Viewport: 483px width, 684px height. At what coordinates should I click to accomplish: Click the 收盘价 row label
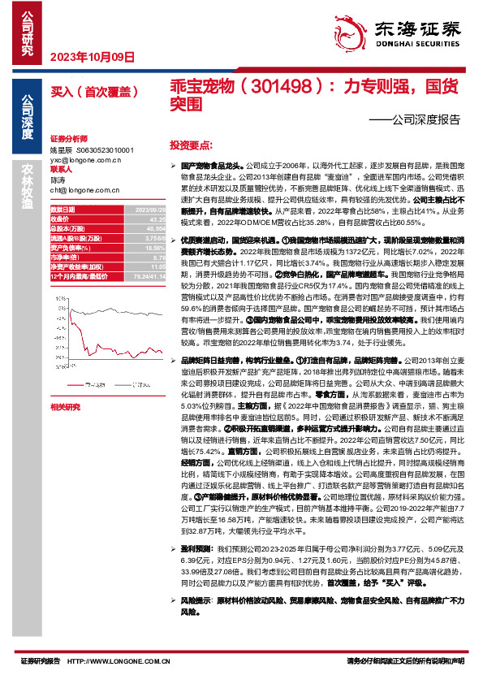point(62,218)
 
